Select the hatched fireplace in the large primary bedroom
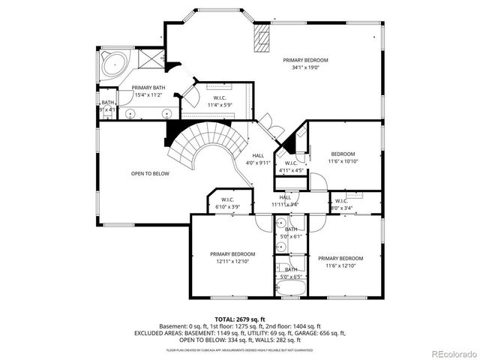point(262,41)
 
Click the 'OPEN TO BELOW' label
point(150,173)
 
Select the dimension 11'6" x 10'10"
point(343,161)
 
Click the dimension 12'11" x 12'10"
point(232,262)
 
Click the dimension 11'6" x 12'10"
point(344,265)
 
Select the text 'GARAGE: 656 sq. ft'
point(319,333)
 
